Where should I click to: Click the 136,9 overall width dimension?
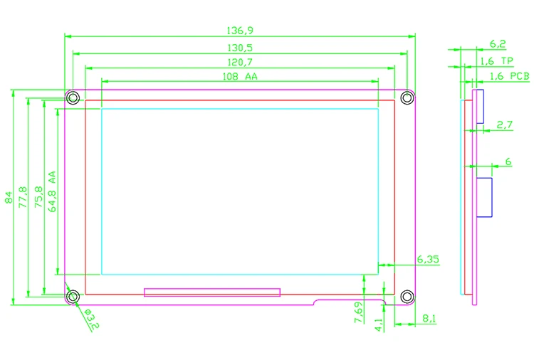point(239,31)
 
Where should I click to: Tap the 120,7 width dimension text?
point(239,63)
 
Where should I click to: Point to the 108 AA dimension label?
point(240,77)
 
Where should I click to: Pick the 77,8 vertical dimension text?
point(23,197)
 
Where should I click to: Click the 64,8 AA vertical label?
point(51,191)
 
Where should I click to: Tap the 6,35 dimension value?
point(428,260)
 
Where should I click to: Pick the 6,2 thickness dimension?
point(498,44)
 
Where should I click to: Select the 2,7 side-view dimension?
point(505,125)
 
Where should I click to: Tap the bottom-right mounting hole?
point(407,296)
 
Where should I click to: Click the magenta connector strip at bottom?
point(212,292)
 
